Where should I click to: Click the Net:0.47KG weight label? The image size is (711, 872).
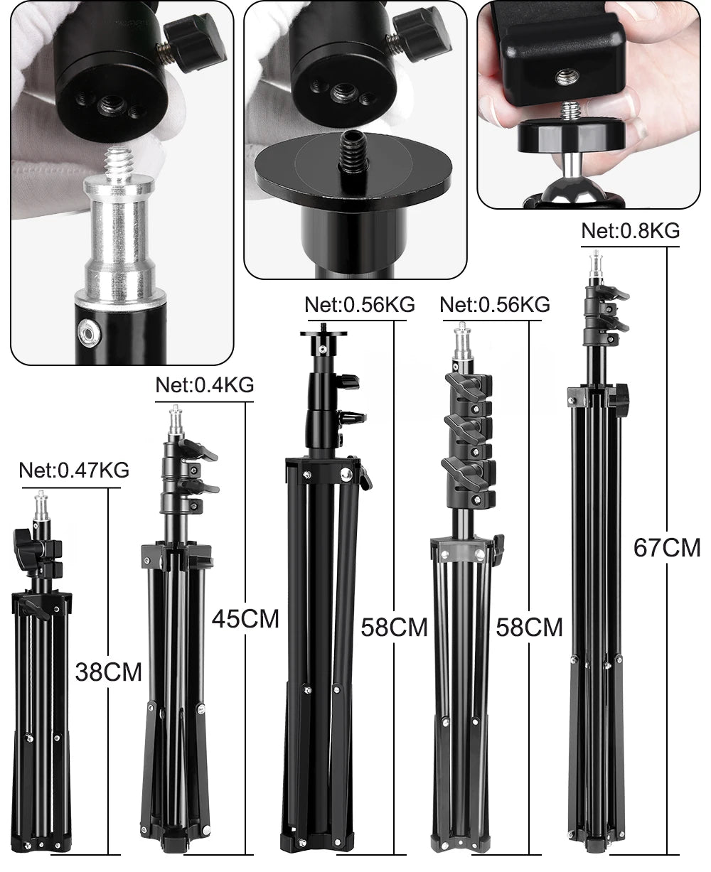[x=74, y=470]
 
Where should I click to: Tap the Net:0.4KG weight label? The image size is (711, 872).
[x=205, y=385]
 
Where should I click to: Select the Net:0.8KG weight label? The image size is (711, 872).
[x=630, y=230]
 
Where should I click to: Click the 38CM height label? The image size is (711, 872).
[x=109, y=671]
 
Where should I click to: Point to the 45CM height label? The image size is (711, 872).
[x=245, y=618]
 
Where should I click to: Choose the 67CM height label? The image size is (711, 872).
[x=667, y=548]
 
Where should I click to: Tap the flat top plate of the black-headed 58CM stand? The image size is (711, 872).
[x=324, y=333]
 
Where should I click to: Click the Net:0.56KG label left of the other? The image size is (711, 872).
[x=359, y=305]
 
